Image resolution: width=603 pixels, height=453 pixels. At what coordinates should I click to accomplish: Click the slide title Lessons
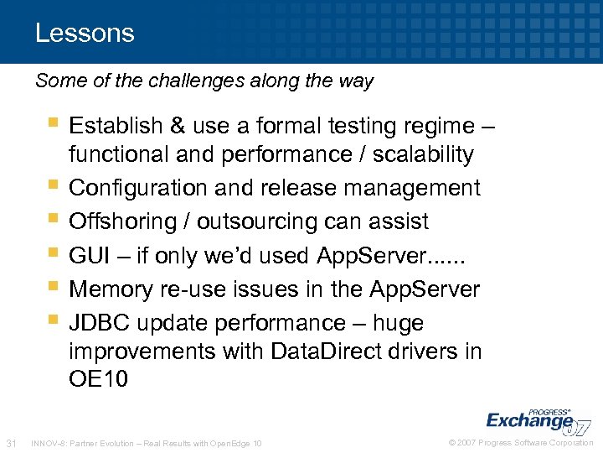[85, 34]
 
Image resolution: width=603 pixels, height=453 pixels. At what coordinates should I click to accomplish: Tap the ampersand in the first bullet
[178, 126]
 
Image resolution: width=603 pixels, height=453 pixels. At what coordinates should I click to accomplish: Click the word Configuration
[139, 188]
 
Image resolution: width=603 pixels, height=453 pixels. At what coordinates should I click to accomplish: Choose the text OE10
[99, 379]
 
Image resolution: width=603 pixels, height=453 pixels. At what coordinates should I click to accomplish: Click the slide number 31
[12, 442]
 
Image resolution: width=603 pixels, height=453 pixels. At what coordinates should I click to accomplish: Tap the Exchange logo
[536, 420]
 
